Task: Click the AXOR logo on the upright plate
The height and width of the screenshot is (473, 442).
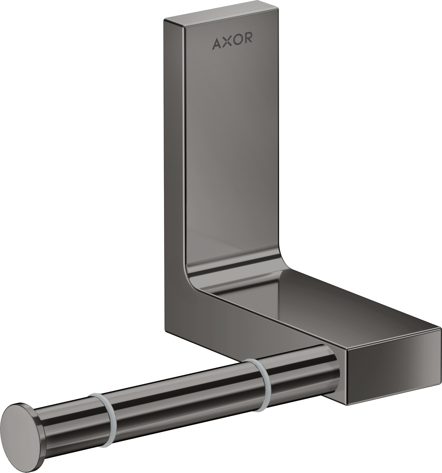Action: tap(232, 43)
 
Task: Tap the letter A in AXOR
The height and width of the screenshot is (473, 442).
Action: tap(217, 44)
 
